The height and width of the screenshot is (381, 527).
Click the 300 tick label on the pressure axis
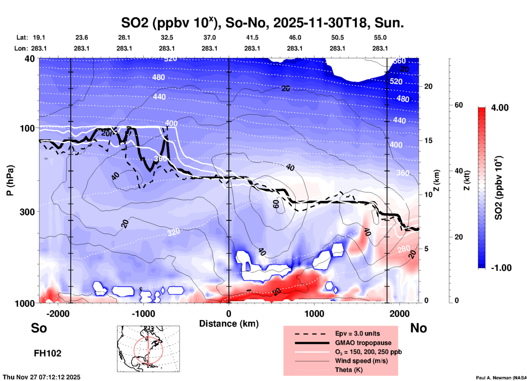(27, 212)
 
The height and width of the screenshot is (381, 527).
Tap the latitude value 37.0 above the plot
(209, 37)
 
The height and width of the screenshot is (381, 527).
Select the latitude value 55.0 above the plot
(380, 37)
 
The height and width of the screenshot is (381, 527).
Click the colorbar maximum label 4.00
(500, 108)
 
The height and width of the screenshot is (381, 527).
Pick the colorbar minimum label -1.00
(501, 268)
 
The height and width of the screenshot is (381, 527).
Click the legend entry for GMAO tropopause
(363, 343)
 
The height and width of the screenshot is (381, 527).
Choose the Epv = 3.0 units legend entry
(357, 333)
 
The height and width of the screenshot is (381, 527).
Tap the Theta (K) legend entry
(349, 370)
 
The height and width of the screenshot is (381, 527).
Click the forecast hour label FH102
(48, 353)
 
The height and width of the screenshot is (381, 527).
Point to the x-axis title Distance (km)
(229, 324)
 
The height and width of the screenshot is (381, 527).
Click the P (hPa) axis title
(10, 180)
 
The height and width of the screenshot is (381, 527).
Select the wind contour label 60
(276, 204)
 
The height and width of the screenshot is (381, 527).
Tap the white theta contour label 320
(174, 232)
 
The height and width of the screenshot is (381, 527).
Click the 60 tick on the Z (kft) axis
(459, 105)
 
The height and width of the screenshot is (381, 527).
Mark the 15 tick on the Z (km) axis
(428, 140)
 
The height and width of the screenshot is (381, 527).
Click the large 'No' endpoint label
(418, 328)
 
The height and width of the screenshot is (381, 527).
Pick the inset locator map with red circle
(148, 349)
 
